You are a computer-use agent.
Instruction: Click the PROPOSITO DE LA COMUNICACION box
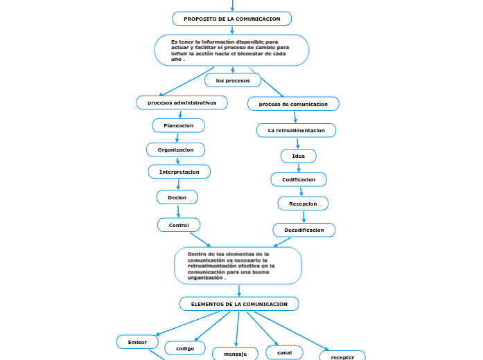click(232, 19)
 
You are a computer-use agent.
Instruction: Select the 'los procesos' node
click(233, 80)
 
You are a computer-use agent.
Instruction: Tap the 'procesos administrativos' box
click(182, 102)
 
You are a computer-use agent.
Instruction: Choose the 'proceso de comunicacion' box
click(293, 104)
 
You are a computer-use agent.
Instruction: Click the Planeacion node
click(178, 125)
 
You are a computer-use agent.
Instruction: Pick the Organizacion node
click(176, 150)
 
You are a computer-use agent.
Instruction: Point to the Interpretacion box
click(179, 172)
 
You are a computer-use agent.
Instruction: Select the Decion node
click(177, 197)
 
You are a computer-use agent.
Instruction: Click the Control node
click(179, 225)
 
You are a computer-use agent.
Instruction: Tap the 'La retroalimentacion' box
click(296, 130)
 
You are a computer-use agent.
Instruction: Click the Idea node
click(298, 156)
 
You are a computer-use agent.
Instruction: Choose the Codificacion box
click(298, 179)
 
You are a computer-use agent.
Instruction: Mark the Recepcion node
click(303, 204)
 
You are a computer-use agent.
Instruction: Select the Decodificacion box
click(304, 230)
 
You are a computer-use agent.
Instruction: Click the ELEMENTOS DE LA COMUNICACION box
click(239, 304)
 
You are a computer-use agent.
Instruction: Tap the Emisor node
click(137, 342)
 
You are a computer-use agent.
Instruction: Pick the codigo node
click(184, 348)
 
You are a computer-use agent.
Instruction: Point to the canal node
click(284, 352)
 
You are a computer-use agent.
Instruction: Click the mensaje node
click(235, 354)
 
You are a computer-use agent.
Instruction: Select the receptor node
click(342, 356)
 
